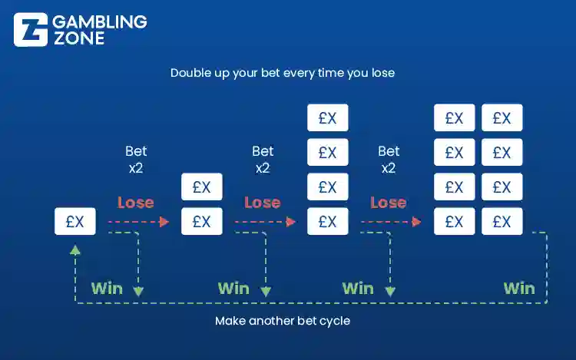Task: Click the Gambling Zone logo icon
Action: click(x=30, y=29)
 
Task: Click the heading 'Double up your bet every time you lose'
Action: click(x=283, y=74)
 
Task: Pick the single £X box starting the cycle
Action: click(x=75, y=222)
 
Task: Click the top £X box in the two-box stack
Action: click(x=201, y=187)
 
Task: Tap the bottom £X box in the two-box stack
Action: click(x=201, y=222)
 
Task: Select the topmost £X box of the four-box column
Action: click(x=328, y=118)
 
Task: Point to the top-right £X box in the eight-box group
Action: click(x=502, y=118)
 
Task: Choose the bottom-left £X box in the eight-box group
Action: click(x=454, y=222)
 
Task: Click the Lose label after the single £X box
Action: click(x=136, y=203)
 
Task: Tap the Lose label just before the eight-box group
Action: click(x=388, y=203)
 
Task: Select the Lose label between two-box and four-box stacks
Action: click(x=262, y=203)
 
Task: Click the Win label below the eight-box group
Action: click(x=519, y=289)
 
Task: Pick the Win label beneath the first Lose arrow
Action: click(x=107, y=289)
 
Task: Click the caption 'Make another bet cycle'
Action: click(x=283, y=321)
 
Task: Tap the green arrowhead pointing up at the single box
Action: click(x=75, y=249)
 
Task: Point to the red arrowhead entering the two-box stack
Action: click(x=164, y=222)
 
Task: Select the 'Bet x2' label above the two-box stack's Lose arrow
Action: click(x=263, y=159)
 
